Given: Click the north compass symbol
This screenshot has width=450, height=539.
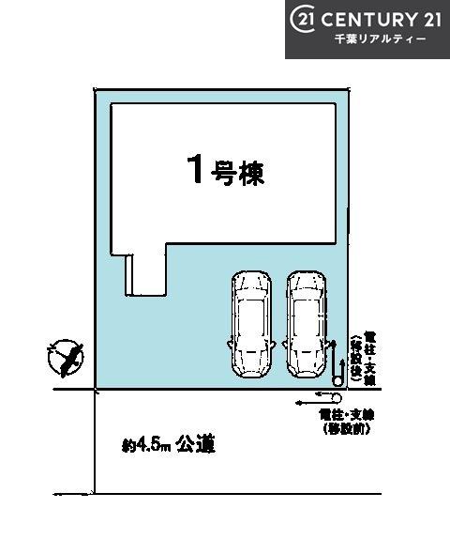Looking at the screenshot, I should pos(65,359).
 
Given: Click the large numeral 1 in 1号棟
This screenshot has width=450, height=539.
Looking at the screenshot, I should pos(196,170).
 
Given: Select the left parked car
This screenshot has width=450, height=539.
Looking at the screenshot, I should pos(250,323).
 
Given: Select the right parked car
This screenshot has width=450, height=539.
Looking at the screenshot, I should pos(307,323).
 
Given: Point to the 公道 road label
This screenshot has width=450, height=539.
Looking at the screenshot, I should pos(196,442).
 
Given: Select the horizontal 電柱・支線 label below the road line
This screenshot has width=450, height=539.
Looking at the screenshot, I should pos(342,416).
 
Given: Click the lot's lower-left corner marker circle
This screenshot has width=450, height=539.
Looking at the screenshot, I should pos(97,392).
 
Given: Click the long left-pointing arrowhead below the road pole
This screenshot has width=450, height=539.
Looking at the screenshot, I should pos(298,403).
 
